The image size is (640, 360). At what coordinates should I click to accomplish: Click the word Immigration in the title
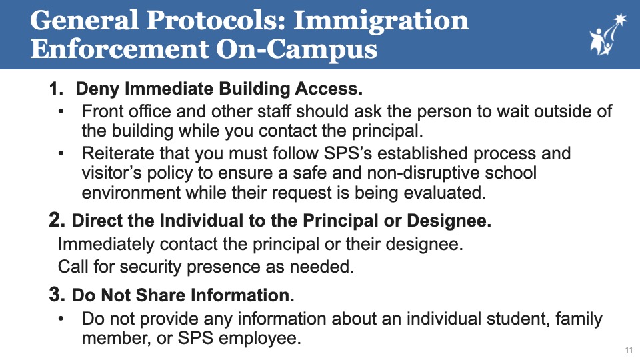click(381, 21)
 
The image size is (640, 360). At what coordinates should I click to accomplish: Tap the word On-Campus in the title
click(296, 49)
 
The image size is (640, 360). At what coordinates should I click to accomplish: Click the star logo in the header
click(608, 34)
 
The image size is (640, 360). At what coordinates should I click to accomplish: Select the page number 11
click(629, 350)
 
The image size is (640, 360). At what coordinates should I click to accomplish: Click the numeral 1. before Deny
click(56, 89)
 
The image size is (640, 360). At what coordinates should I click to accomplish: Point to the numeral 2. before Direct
click(57, 220)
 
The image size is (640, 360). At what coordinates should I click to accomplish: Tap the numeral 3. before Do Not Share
click(57, 294)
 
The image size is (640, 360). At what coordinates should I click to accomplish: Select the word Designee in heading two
click(449, 221)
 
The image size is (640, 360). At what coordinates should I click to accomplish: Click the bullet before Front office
click(61, 111)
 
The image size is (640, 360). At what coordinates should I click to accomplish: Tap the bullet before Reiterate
click(61, 153)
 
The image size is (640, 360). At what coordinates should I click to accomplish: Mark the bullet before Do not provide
click(61, 319)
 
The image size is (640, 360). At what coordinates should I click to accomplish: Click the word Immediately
click(106, 245)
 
